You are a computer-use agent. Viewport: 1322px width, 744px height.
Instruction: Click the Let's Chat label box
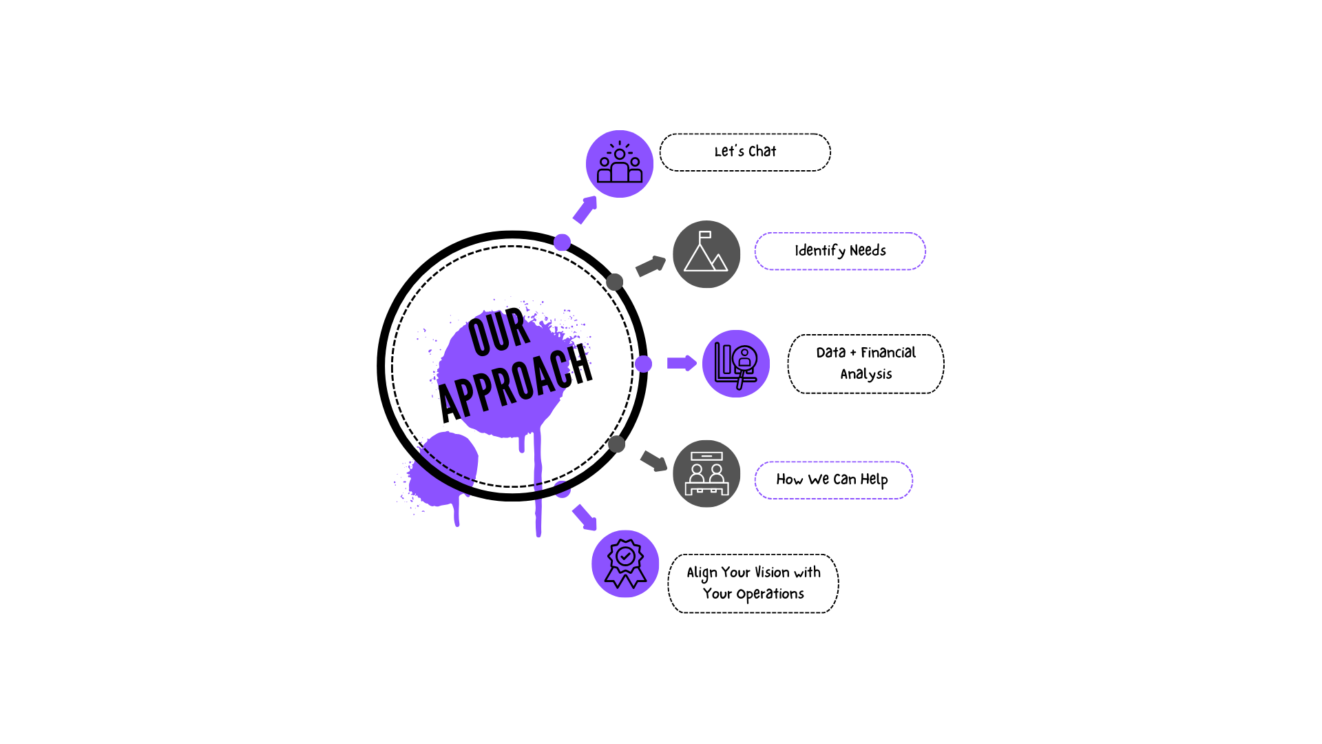pos(745,152)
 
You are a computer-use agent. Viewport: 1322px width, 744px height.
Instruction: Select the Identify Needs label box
pos(840,251)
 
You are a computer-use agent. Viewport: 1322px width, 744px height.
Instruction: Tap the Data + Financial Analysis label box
pos(865,364)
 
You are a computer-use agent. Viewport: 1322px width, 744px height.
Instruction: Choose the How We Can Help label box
pos(833,480)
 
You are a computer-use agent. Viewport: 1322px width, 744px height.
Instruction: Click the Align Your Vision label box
pos(753,583)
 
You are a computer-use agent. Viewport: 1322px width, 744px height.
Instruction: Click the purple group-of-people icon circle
pos(620,164)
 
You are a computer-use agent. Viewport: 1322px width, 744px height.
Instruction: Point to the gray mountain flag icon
pos(706,254)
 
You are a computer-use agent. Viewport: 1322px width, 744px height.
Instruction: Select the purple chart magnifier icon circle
pos(736,364)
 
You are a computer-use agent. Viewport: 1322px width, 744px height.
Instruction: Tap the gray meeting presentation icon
pos(706,474)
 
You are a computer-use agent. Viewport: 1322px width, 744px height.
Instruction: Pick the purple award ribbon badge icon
pos(625,564)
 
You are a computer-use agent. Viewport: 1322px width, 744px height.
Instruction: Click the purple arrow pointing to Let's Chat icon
pos(585,209)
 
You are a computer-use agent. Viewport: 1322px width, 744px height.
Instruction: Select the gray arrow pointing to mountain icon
pos(651,266)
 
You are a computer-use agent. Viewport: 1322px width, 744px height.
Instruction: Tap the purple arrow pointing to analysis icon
pos(682,363)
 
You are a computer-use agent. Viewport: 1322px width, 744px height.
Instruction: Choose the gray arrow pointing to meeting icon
pos(654,461)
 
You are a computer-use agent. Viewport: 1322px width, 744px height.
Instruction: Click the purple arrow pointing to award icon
pos(585,517)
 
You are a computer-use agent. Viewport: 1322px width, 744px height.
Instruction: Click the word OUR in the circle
pos(500,332)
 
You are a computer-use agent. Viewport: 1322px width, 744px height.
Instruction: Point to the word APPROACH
pos(516,383)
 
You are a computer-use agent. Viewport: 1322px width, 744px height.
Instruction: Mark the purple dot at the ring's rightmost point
pos(643,364)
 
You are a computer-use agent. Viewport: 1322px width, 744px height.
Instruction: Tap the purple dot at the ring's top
pos(562,242)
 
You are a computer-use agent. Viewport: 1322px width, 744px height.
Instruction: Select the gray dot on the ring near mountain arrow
pos(615,282)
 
